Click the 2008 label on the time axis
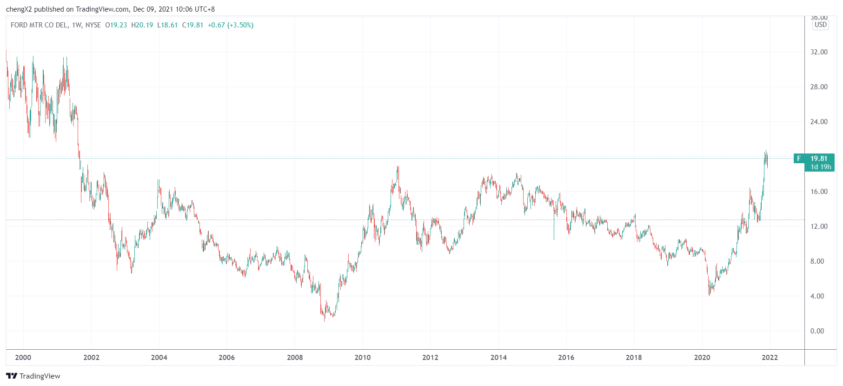tap(295, 357)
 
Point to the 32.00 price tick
tap(819, 52)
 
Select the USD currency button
tap(821, 25)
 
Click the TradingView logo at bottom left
tap(33, 376)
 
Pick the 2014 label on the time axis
tap(498, 357)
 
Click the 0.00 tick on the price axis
tap(817, 331)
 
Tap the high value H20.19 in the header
tap(142, 25)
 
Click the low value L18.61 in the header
tap(167, 25)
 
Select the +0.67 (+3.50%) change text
tap(231, 25)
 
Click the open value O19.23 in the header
tap(116, 25)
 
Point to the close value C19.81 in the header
tap(192, 25)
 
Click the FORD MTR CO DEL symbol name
tap(39, 25)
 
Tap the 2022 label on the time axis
tap(770, 357)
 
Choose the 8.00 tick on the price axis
tap(817, 261)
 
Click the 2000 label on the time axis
tap(23, 357)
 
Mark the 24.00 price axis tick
tap(819, 121)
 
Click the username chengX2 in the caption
tap(19, 9)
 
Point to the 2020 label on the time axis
tap(702, 357)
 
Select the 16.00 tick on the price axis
tap(819, 191)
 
